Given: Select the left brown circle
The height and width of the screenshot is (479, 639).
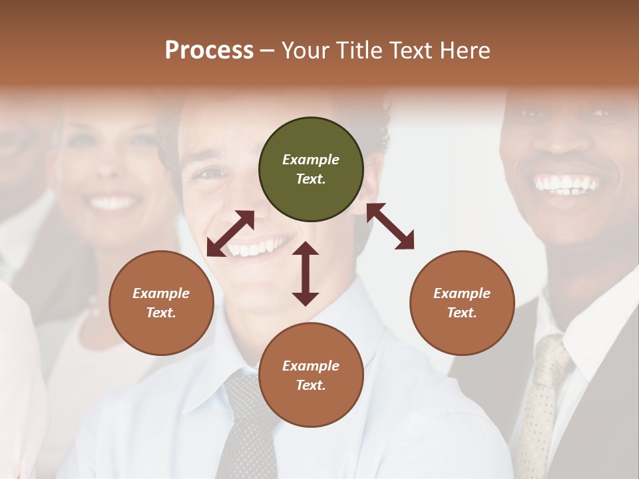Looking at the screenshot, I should coord(161,303).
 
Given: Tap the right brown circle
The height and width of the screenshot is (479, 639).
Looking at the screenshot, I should coord(462,303).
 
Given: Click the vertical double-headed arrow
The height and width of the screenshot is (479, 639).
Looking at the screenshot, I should coord(306,273).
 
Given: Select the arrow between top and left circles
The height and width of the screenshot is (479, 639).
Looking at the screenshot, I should coord(230,234).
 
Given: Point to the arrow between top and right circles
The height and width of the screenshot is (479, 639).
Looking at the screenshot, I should coord(390,226).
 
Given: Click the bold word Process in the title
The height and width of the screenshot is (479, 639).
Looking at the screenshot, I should coord(209,50).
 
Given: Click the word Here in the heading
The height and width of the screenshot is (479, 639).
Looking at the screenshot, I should coord(466,50).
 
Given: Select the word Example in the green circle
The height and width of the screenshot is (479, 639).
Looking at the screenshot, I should coord(311,160).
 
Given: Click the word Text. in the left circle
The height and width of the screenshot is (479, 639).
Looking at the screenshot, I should coord(161,313).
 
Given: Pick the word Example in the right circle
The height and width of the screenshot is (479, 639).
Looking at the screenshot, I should coord(462,293).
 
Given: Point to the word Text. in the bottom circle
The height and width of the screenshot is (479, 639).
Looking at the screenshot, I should coord(311,385).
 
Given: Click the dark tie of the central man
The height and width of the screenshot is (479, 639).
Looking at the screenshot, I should coord(249,426).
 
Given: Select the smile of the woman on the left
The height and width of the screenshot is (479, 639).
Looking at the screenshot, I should coord(113,203).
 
